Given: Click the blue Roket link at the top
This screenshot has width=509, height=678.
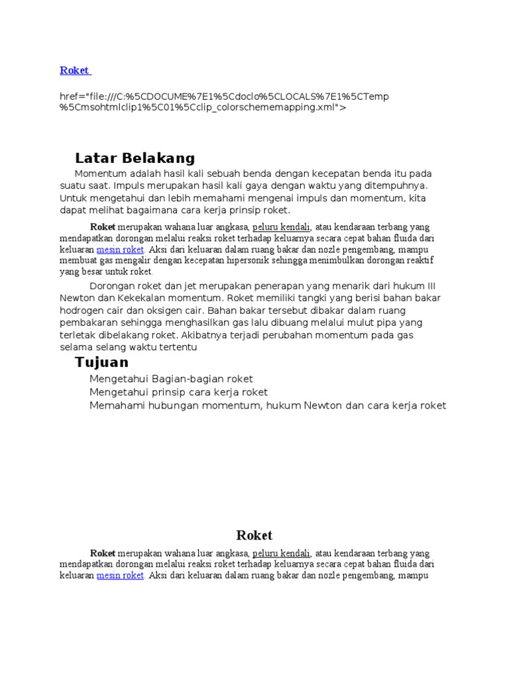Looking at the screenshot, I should point(74,70).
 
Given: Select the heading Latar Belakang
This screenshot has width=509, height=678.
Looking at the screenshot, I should point(135,158).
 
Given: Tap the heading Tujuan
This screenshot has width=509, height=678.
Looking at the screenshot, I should point(101,362).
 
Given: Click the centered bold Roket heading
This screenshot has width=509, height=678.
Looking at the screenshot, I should point(254,536).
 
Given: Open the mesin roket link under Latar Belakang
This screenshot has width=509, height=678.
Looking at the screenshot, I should point(120,250).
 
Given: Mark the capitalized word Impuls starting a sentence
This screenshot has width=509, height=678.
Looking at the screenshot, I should point(130,186).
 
